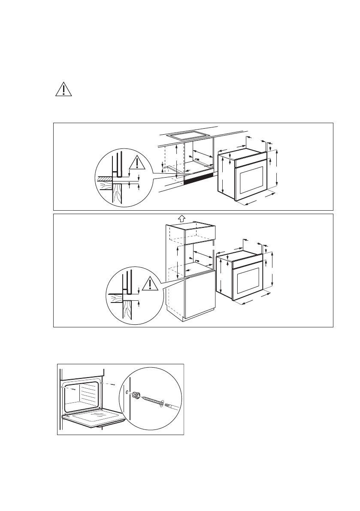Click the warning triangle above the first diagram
click(64, 89)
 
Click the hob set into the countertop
click(189, 135)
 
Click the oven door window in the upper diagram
click(251, 181)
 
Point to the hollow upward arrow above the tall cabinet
click(181, 218)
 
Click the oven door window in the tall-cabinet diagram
click(246, 281)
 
